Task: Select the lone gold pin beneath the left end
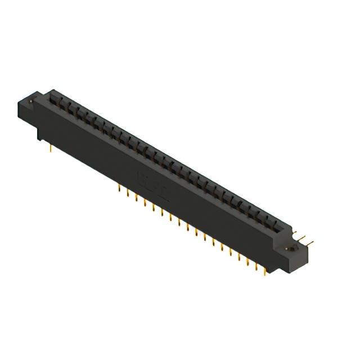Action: (52, 148)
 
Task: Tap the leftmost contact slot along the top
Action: (55, 98)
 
